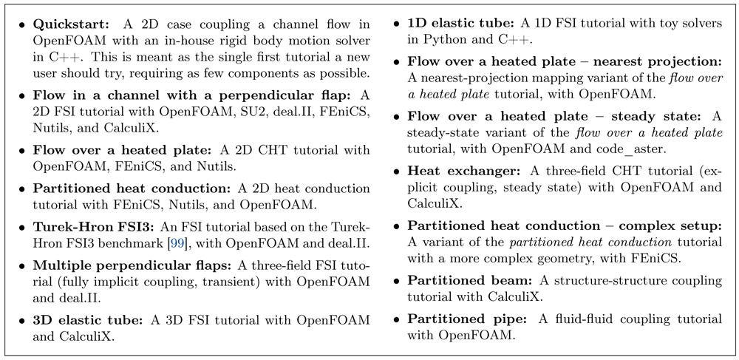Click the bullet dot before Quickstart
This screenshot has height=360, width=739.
[x=22, y=25]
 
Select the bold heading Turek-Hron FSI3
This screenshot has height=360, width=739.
[x=93, y=227]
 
